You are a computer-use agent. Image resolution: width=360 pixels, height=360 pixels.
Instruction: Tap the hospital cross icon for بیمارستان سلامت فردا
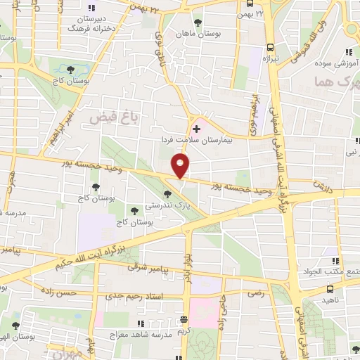pyautogui.click(x=196, y=129)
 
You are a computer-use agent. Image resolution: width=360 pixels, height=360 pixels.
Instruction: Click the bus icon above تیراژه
pyautogui.click(x=269, y=47)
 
